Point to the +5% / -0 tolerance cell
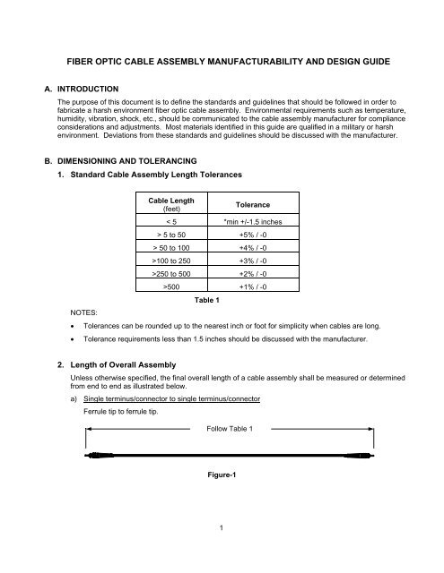pos(243,236)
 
